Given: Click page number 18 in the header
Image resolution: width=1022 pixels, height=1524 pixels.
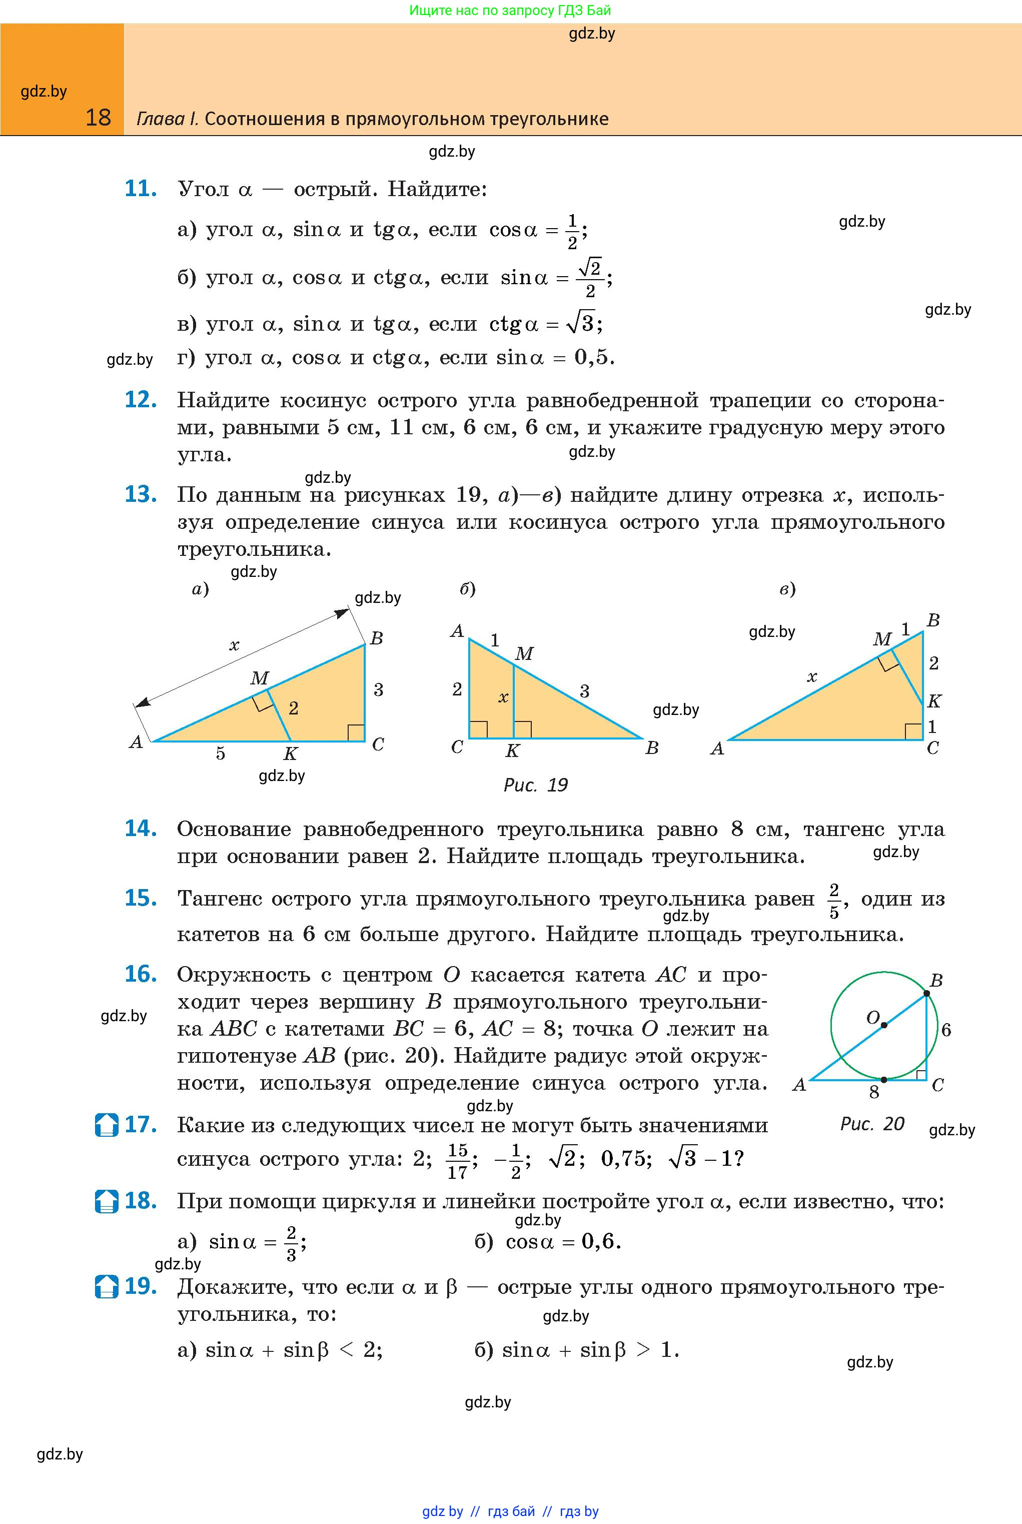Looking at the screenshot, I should [x=99, y=118].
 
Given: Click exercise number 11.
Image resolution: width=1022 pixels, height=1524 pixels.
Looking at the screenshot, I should [x=140, y=189].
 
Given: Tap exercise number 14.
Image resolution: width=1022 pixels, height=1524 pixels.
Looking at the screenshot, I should [x=140, y=829].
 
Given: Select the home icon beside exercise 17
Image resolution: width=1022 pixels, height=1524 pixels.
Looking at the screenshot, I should [x=106, y=1125].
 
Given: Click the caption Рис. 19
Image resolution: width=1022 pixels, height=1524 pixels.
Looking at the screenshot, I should [x=535, y=785].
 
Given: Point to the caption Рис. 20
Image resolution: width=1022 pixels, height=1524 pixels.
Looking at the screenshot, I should [x=872, y=1123].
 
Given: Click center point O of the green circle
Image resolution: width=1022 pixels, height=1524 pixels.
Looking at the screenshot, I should [x=884, y=1025].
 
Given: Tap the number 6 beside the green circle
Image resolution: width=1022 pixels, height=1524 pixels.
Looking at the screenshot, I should [x=946, y=1030].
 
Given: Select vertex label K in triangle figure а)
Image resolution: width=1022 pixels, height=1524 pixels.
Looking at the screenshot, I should [x=291, y=754].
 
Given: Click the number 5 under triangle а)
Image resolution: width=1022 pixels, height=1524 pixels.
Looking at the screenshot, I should [x=220, y=754].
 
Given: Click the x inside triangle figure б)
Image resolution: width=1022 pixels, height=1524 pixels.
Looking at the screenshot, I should [x=503, y=698].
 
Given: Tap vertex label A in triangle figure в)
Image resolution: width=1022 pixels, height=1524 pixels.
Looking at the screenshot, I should [x=717, y=748].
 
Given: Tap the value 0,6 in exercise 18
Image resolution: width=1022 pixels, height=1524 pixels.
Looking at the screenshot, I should [x=599, y=1241].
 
